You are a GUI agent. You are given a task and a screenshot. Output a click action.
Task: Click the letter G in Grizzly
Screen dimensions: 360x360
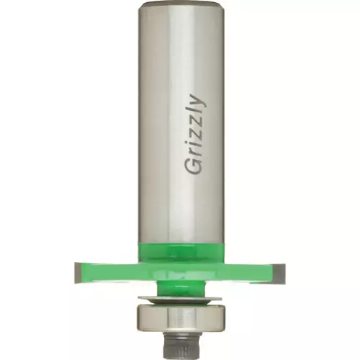[194, 165]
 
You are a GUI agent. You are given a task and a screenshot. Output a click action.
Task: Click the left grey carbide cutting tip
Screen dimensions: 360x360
[78, 273]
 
